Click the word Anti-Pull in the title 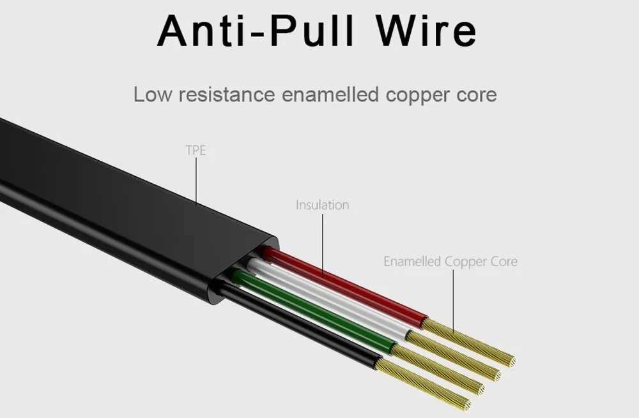(256, 31)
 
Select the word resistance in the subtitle (227, 94)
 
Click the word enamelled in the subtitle (330, 94)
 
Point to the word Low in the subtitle (153, 94)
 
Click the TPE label (196, 150)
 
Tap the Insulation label (322, 205)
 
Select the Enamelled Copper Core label (450, 261)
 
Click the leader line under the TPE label (196, 181)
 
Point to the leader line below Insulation (323, 246)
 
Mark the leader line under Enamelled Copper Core (453, 301)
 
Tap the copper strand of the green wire (438, 369)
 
